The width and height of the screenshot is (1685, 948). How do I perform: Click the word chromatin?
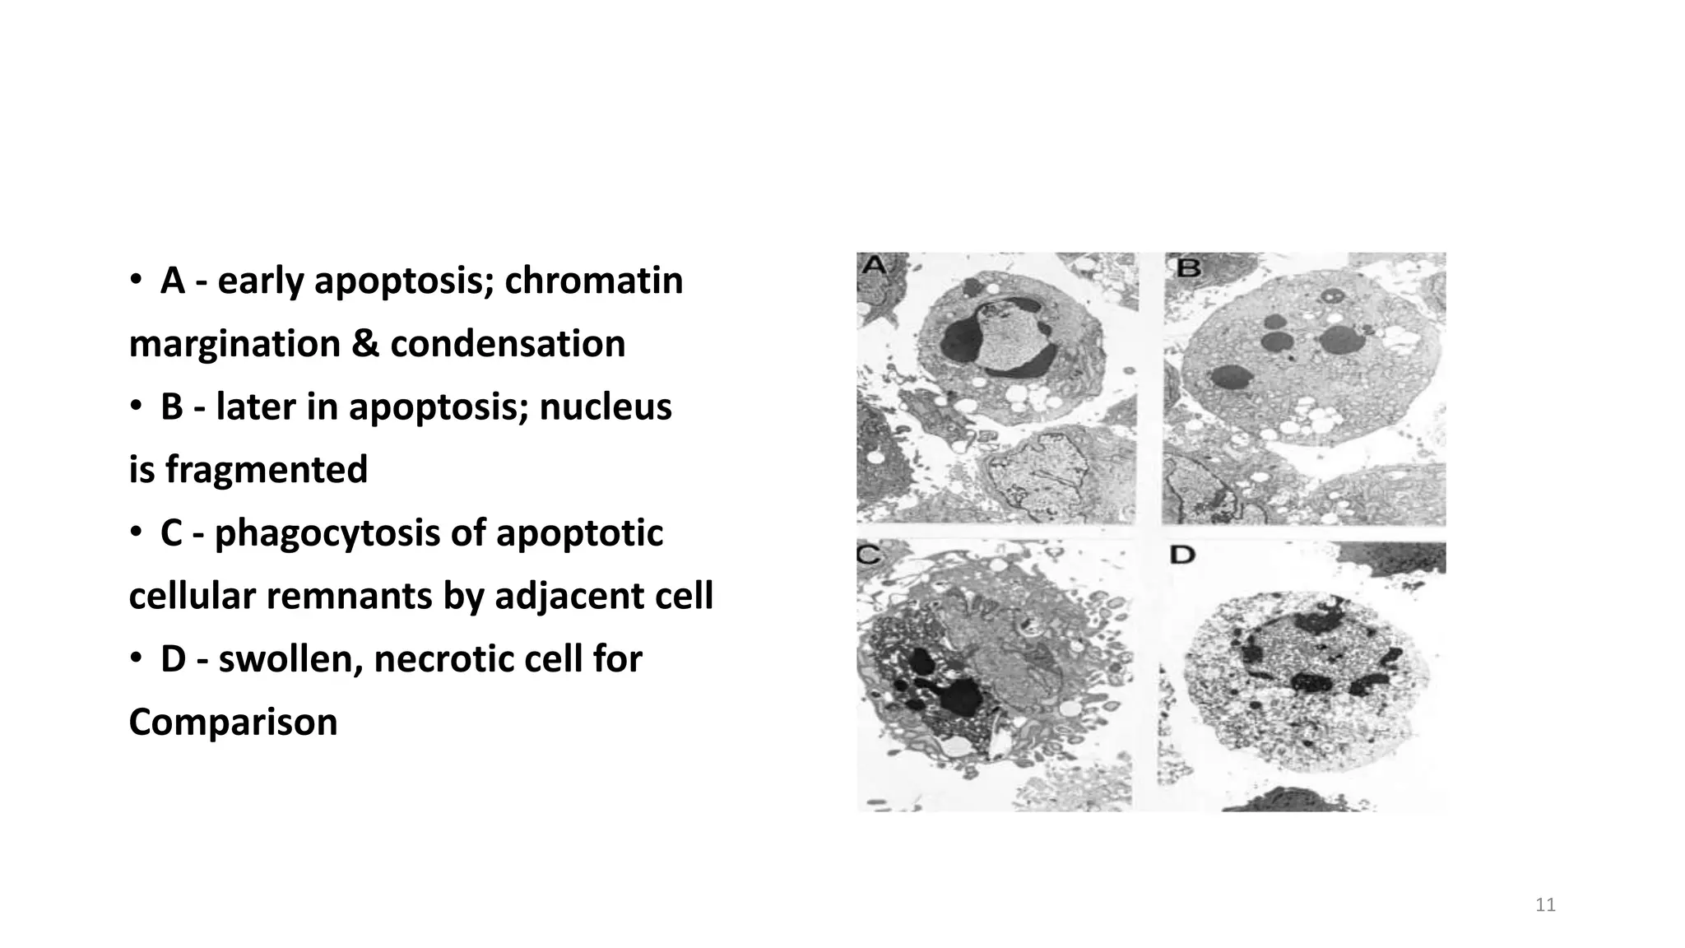pos(593,281)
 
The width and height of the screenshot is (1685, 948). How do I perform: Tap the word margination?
pos(234,344)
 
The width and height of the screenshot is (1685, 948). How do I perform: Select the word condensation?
pos(508,344)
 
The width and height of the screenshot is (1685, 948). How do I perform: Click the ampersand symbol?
pos(364,344)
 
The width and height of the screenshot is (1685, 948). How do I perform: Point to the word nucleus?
pos(606,407)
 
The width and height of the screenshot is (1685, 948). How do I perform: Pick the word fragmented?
pos(266,470)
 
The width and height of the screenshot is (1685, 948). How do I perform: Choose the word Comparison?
pos(233,723)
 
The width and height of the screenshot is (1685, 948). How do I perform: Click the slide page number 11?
pos(1545,905)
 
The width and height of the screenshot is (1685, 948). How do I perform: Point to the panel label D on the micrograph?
pos(1181,555)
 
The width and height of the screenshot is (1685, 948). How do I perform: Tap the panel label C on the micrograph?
pos(869,554)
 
